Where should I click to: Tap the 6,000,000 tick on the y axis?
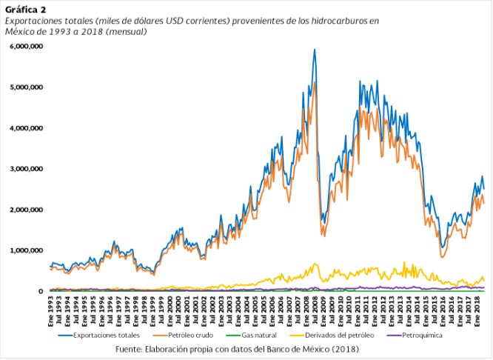pos(25,46)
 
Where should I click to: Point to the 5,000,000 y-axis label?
pos(25,87)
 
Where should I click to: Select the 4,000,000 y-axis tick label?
pos(25,128)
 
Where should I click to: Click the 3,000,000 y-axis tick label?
pos(25,169)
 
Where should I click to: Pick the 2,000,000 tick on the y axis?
pos(25,210)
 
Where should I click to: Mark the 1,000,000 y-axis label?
pos(25,250)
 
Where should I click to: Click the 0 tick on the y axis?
pos(40,292)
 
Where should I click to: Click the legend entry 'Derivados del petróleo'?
pos(333,335)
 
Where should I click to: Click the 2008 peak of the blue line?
pos(315,50)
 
